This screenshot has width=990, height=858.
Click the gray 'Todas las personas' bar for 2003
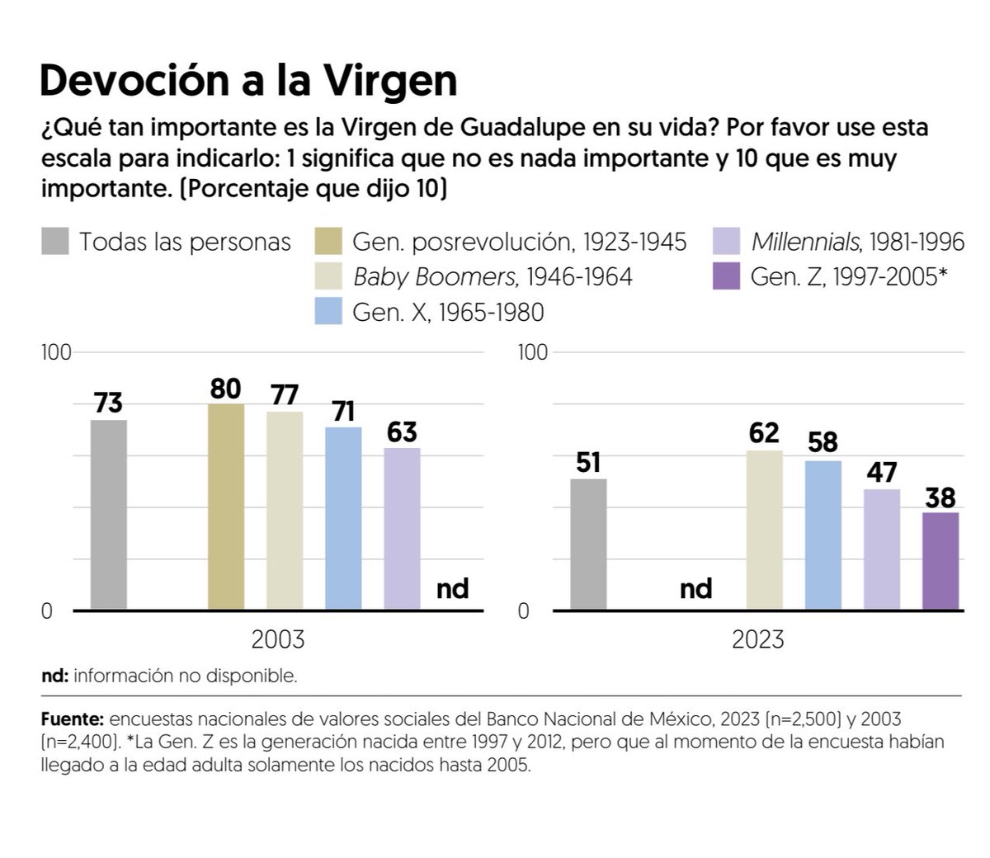point(109,515)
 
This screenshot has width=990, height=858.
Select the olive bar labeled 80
point(226,507)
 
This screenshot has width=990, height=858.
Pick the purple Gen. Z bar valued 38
point(940,561)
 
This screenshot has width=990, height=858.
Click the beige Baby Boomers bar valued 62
point(765,530)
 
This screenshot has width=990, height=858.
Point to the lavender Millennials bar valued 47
point(882,549)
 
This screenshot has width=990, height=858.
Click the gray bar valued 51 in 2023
point(588,544)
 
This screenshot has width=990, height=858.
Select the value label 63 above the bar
point(402,432)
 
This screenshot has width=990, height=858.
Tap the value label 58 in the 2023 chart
point(823,443)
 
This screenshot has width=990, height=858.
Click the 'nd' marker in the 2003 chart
point(451,588)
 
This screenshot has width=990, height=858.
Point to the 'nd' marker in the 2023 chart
point(695,588)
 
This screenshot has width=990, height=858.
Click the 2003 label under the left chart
point(278,639)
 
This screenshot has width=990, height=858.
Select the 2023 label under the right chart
point(758,639)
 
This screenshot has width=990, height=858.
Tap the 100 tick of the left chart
point(57,352)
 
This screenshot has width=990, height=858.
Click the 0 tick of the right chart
point(524,611)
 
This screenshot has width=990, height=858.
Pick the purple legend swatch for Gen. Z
point(726,276)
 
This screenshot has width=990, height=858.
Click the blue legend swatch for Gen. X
point(329,312)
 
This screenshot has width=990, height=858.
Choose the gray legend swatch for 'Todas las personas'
point(55,242)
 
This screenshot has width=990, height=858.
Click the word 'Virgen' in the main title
point(389,81)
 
